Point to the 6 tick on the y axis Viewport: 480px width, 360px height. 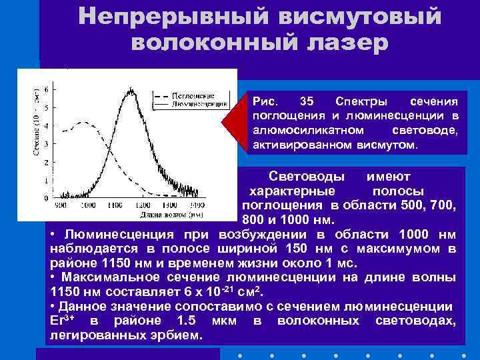[45, 89]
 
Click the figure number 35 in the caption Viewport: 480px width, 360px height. [307, 101]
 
